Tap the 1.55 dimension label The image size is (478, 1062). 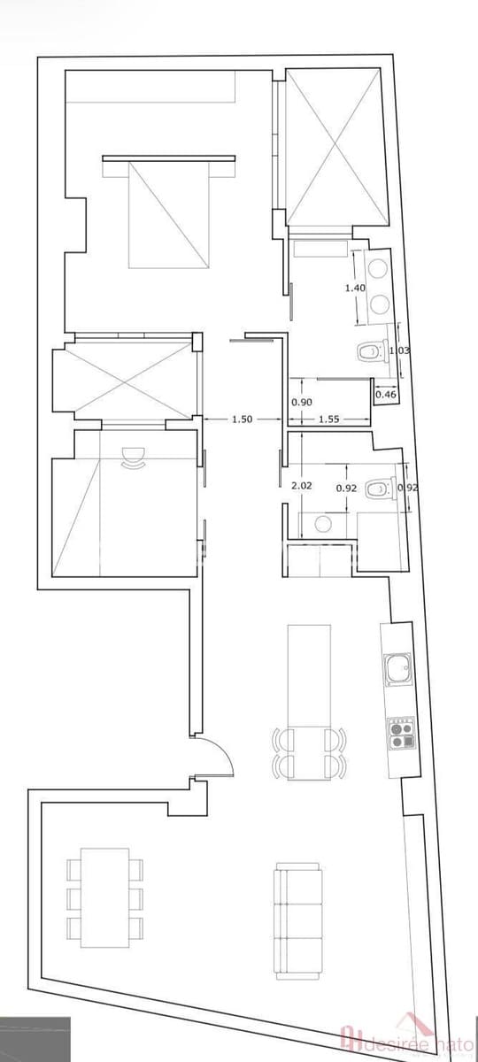point(330,419)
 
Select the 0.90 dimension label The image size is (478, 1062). point(302,403)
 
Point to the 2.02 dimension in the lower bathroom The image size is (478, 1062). point(302,485)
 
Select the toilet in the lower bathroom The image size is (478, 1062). point(381,488)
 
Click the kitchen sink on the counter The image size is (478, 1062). point(397,669)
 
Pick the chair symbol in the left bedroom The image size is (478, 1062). point(134,455)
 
